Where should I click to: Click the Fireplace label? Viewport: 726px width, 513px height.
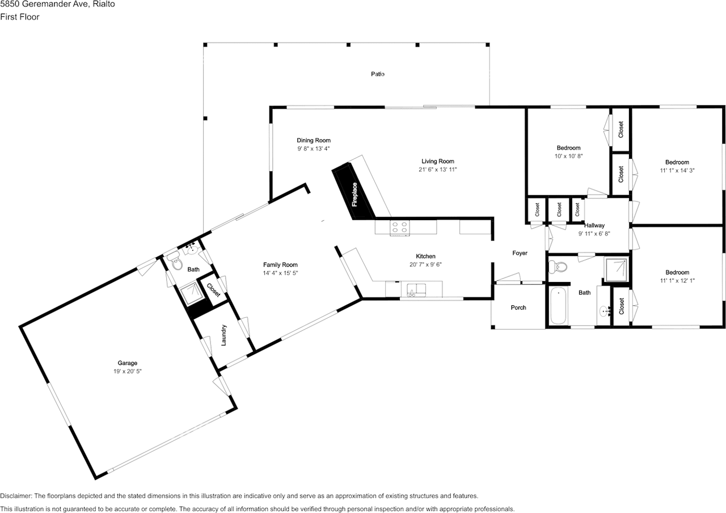point(354,194)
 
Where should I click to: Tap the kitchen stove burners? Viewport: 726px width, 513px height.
point(400,227)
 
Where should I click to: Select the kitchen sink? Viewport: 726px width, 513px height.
point(417,289)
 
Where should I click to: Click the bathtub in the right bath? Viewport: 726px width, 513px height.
point(559,305)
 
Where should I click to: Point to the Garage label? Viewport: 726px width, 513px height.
point(128,363)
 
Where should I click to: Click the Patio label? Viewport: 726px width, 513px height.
point(378,74)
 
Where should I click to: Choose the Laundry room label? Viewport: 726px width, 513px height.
point(223,335)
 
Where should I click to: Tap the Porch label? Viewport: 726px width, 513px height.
point(518,308)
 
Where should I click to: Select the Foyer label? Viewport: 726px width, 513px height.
point(520,253)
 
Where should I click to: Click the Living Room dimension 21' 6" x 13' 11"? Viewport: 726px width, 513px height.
point(437,169)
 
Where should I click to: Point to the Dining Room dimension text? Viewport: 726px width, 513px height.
point(314,149)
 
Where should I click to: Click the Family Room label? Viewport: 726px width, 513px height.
point(280,264)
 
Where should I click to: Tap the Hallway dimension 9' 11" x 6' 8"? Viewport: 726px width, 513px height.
point(594,233)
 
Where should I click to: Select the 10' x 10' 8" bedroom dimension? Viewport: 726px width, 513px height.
point(568,156)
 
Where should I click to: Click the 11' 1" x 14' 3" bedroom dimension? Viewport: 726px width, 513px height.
point(677,170)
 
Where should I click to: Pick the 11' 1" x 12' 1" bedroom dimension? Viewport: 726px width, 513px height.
point(677,280)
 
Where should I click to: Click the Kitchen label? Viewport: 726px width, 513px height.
point(425,256)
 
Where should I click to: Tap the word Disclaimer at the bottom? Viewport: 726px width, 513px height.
point(15,496)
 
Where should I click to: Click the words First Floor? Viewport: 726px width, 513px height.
point(19,17)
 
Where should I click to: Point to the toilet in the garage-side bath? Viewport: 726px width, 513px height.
point(175,262)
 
